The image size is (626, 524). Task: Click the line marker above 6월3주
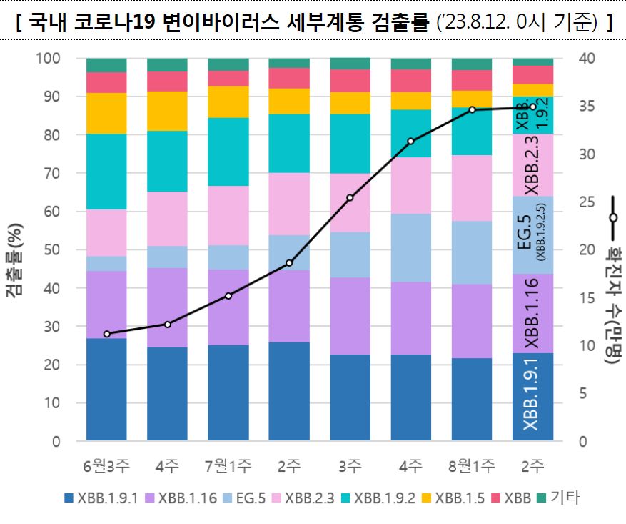point(106,334)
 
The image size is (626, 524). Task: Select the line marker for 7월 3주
point(350,197)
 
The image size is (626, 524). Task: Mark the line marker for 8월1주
point(472,109)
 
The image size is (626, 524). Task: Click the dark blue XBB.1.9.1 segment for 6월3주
point(106,390)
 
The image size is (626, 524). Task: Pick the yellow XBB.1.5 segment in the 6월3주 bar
point(106,113)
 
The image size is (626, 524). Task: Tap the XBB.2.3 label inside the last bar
point(532,165)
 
